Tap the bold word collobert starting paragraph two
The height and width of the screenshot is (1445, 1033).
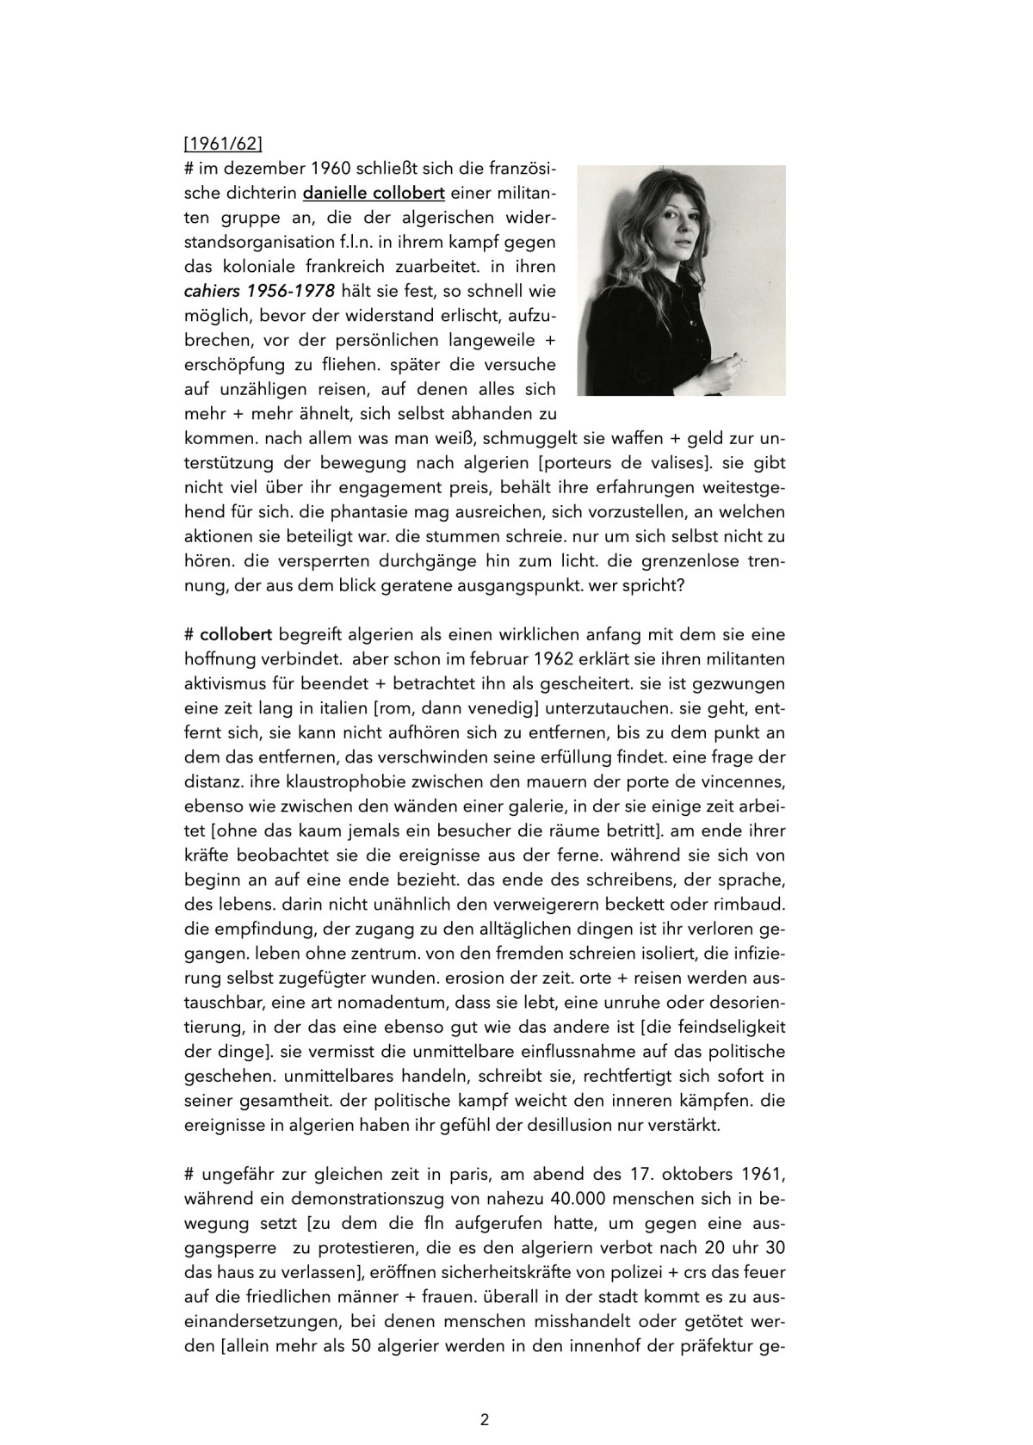point(236,635)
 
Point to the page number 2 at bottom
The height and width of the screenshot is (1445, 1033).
point(485,1420)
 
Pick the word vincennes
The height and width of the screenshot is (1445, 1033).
point(739,784)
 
